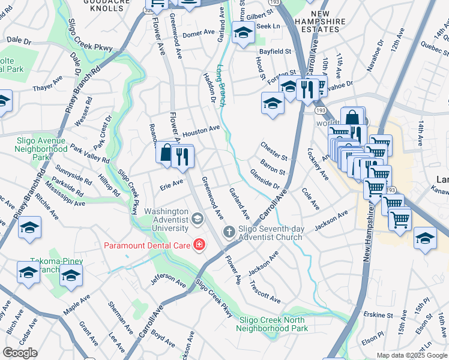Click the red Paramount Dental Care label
pos(146,245)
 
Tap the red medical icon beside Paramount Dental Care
pos(198,245)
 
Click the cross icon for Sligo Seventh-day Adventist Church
pos(229,232)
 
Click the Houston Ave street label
pos(201,131)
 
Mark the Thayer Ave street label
pos(47,84)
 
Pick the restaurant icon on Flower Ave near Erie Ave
pos(182,157)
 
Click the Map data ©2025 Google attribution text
pos(412,355)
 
